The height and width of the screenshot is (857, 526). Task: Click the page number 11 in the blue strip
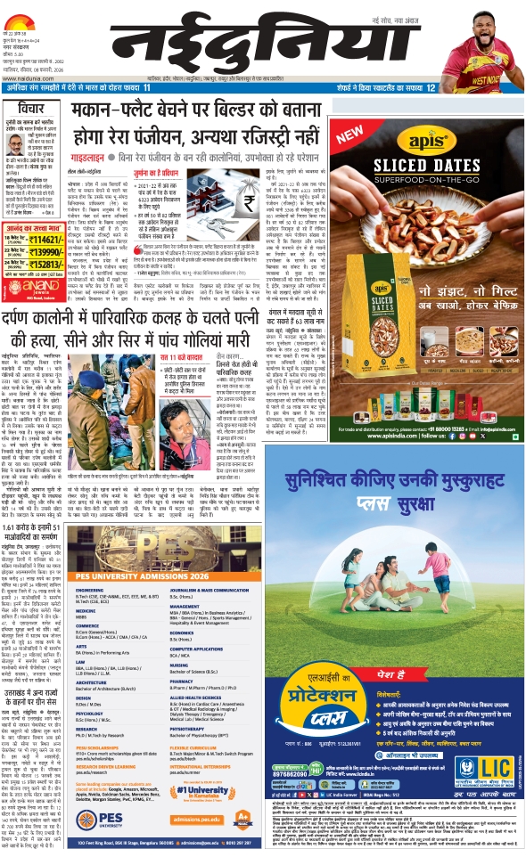point(146,88)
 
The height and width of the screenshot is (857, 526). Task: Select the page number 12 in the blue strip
point(431,88)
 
